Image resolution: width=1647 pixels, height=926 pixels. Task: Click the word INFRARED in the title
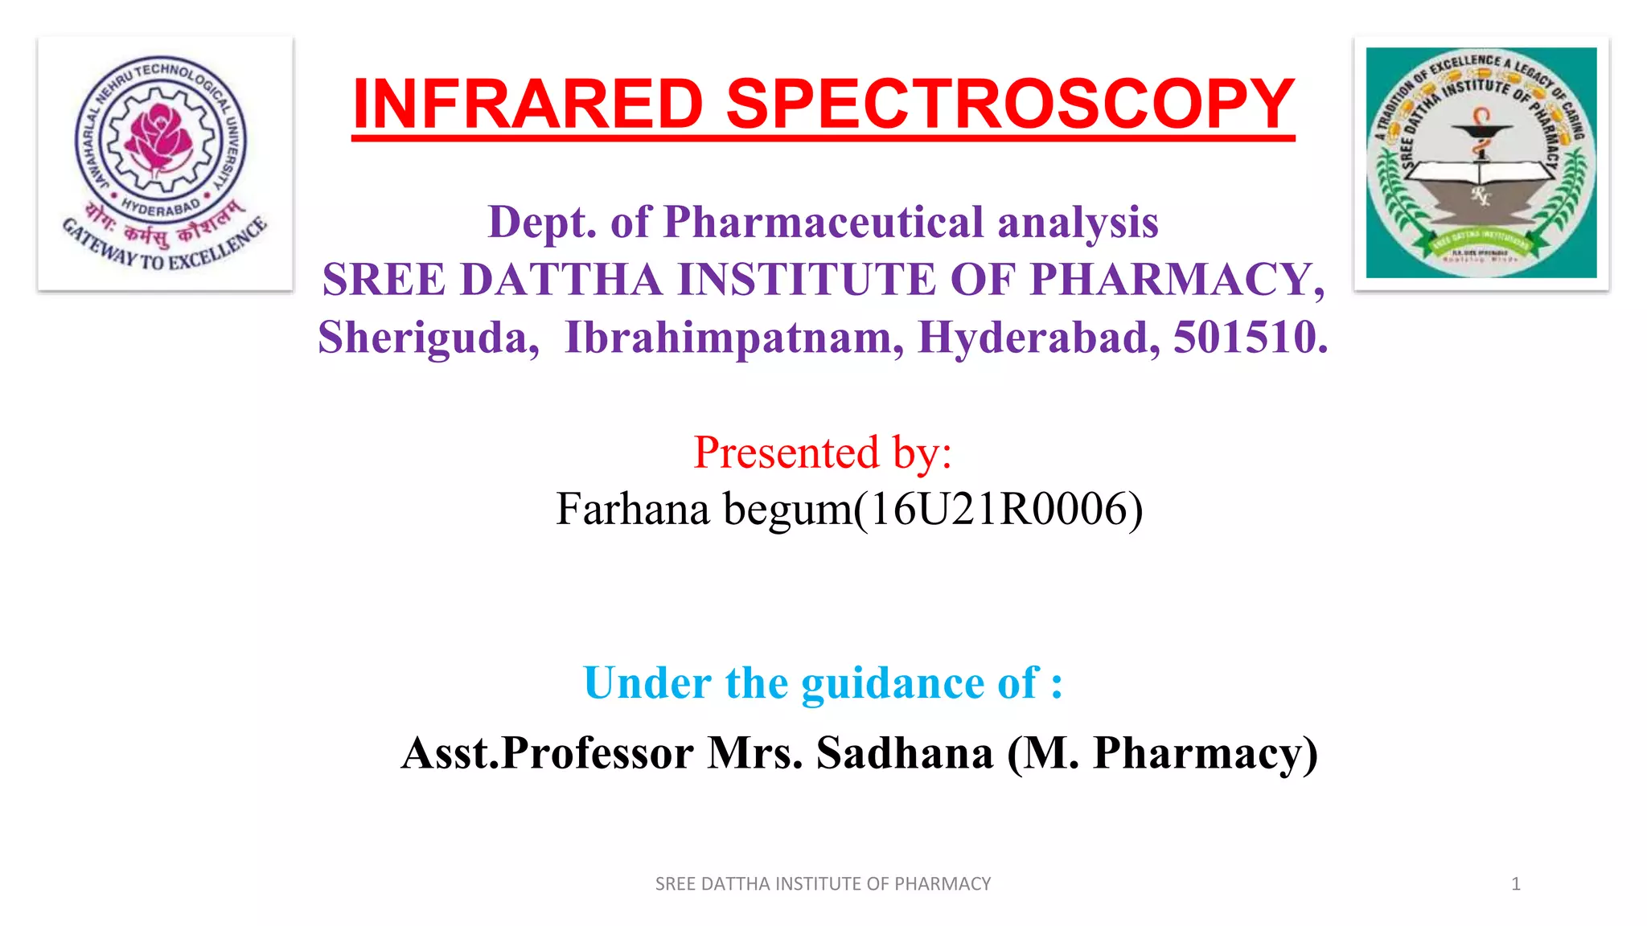528,104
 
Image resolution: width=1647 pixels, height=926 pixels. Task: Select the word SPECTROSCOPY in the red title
1010,104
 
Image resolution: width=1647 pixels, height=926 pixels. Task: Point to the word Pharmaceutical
823,222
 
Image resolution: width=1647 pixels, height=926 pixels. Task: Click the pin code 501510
1249,338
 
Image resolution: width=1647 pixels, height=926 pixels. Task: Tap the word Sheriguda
428,338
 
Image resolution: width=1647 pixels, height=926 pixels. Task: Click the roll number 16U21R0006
997,510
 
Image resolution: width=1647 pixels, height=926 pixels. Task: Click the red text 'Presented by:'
823,453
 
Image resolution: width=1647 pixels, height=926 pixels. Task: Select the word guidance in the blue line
893,684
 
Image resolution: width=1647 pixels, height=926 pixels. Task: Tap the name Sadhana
905,753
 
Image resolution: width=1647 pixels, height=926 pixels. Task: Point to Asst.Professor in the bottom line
548,753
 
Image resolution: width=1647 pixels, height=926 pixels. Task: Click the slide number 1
1515,884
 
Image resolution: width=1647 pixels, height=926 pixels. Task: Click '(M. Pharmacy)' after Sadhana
1163,753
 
